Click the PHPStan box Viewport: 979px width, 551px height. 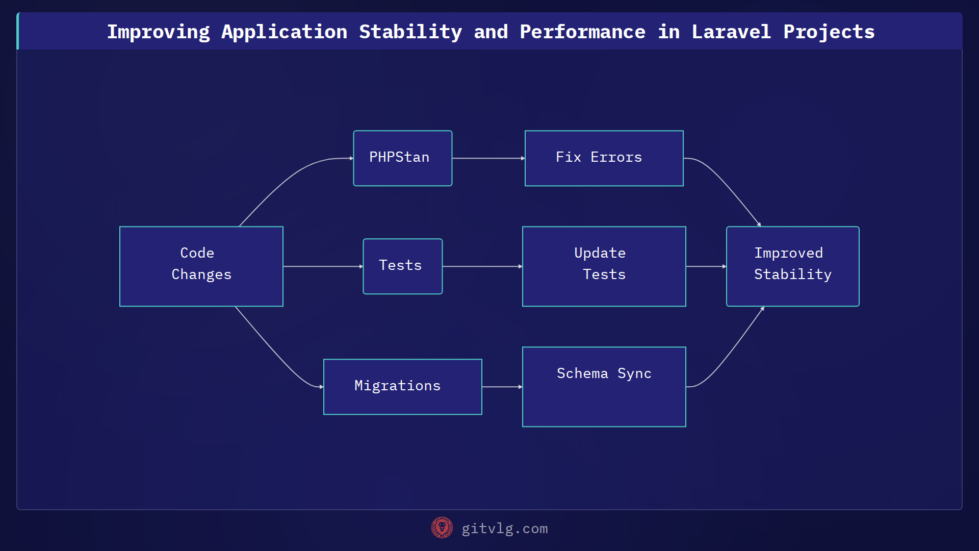point(402,158)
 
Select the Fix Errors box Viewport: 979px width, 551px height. point(604,158)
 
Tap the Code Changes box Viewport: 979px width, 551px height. point(201,266)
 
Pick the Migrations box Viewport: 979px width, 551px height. point(402,387)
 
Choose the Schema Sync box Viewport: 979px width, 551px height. point(604,387)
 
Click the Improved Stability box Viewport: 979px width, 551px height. point(792,266)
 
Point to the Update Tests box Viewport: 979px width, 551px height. point(604,266)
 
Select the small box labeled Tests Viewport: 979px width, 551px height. point(402,266)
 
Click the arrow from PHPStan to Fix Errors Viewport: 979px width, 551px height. point(488,158)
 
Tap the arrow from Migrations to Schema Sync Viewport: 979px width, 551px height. point(502,387)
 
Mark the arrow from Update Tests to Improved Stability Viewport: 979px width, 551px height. point(706,266)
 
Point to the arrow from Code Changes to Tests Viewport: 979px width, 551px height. point(322,266)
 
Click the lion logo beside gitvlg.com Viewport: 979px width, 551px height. point(442,528)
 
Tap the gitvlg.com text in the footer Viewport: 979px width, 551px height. point(504,529)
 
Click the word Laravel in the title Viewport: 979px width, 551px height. point(731,32)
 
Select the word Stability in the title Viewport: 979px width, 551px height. point(410,32)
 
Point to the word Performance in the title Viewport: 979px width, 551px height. point(582,32)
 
